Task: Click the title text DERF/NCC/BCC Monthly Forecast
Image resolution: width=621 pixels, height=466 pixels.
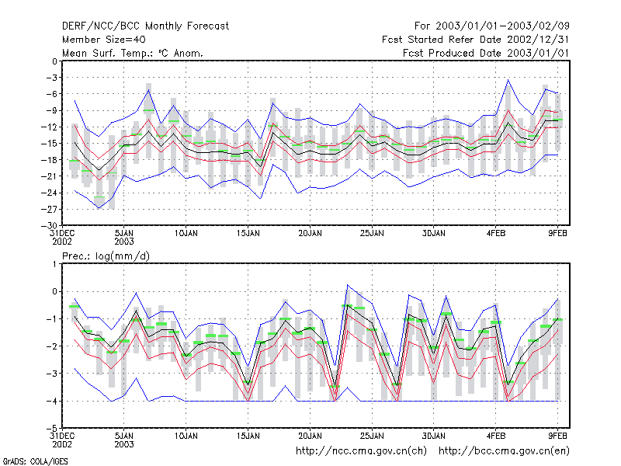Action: tap(145, 26)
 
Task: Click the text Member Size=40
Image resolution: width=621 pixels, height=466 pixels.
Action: tap(104, 40)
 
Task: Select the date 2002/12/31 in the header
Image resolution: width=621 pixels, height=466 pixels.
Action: tap(538, 40)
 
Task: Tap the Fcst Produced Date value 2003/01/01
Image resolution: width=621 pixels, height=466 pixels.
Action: tap(538, 53)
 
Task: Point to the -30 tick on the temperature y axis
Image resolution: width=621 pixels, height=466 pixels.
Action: tap(50, 225)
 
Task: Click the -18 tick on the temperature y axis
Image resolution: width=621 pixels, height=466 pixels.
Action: tap(50, 160)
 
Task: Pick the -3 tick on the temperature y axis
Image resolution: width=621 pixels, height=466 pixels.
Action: tap(52, 78)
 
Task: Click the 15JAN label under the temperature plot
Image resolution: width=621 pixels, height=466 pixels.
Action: tap(248, 234)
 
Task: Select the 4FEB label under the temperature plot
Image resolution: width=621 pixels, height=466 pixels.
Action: tap(496, 234)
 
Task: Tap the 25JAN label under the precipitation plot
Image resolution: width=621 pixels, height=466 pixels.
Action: tap(372, 436)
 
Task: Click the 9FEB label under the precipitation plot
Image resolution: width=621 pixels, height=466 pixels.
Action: tap(557, 436)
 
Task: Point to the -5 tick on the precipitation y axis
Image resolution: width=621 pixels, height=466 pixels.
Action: tap(52, 429)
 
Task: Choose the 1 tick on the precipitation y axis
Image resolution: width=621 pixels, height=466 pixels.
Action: tap(55, 264)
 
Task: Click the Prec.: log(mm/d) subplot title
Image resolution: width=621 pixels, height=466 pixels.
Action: tap(106, 256)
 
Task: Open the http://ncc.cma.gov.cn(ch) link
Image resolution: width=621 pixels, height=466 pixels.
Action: tap(361, 451)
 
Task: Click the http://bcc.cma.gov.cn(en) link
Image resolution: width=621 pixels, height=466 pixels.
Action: tap(504, 451)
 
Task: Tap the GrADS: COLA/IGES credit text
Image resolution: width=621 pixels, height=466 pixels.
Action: tap(35, 461)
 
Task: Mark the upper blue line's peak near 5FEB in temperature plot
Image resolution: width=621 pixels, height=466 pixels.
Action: tap(508, 80)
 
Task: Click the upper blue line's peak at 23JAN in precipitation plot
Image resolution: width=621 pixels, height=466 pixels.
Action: tap(347, 284)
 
